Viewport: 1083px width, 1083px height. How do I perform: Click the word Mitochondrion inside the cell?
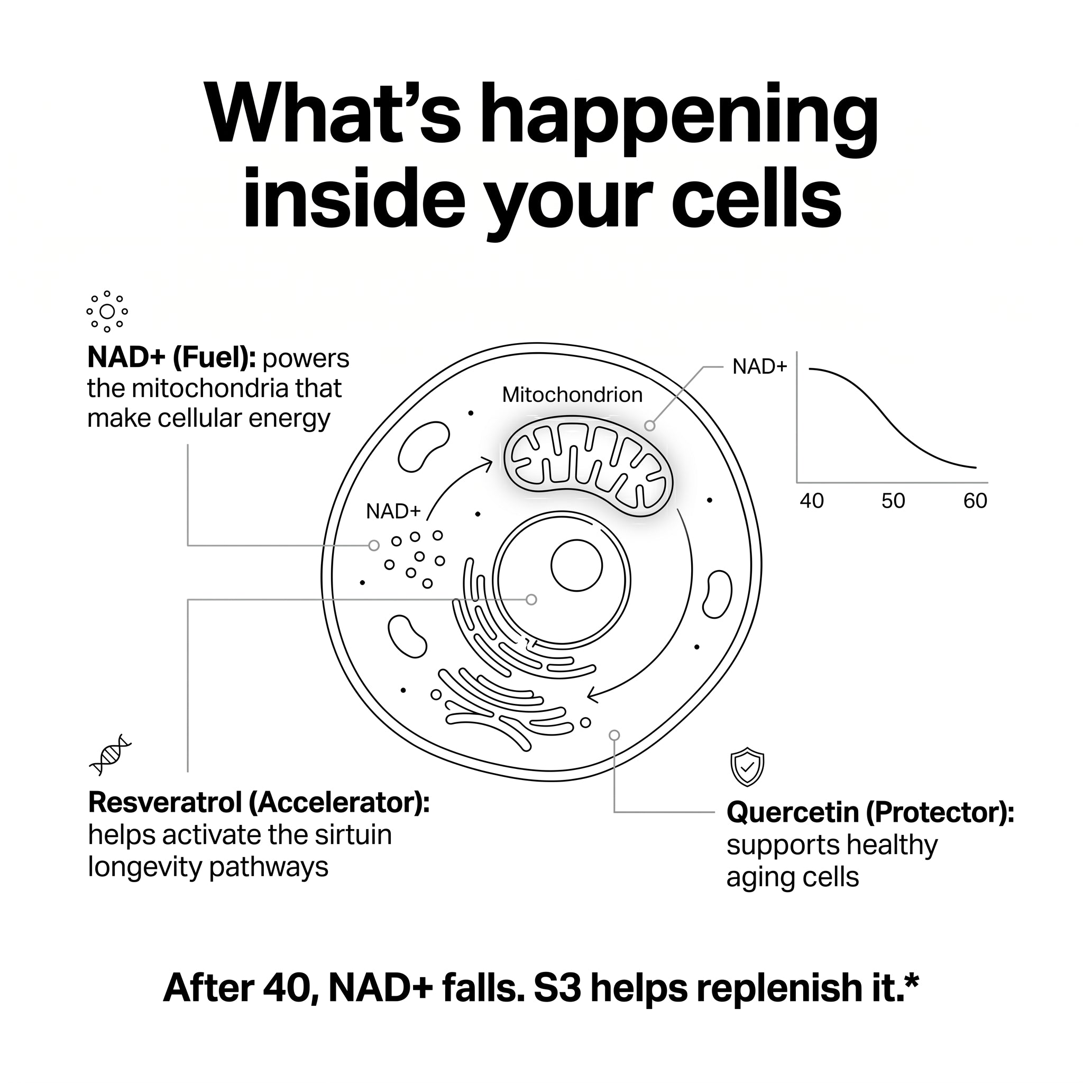pos(572,395)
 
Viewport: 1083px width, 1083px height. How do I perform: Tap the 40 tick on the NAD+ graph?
pos(812,501)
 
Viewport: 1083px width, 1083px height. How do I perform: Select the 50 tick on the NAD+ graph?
pos(893,501)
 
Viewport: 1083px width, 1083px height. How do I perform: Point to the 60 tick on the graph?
pos(975,501)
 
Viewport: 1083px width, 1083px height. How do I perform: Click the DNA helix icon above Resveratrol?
pos(111,755)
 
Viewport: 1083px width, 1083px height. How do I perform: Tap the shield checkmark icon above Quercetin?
pos(747,767)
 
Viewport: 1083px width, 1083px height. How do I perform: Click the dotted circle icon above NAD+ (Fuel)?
pos(107,311)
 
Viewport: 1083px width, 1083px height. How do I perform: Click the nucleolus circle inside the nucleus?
pos(576,566)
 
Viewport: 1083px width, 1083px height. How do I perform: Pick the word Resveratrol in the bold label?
pos(165,803)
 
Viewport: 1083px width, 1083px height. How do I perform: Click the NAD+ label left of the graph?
pos(759,366)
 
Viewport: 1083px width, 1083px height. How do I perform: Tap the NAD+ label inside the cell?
pos(393,511)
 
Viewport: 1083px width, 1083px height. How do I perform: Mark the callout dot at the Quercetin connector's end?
pos(614,735)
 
